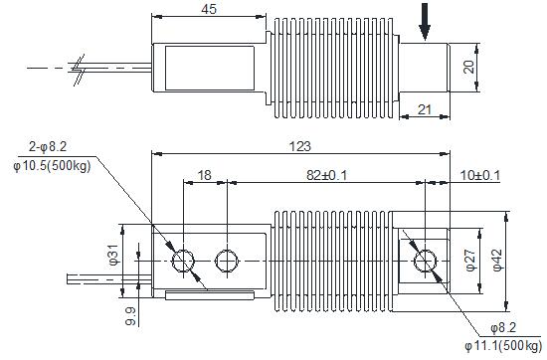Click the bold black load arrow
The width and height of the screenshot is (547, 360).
[x=425, y=22]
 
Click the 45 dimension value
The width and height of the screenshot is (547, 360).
[x=209, y=9]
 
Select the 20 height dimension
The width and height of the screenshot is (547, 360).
[x=469, y=67]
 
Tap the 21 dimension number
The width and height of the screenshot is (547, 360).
[x=425, y=109]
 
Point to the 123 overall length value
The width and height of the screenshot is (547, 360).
[x=300, y=146]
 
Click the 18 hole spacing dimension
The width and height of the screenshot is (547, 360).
[x=205, y=175]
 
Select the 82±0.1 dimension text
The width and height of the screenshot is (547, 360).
[x=327, y=175]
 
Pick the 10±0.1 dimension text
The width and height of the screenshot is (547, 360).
[x=480, y=175]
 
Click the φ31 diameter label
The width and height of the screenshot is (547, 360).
[x=113, y=255]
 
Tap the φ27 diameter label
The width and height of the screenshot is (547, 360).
[x=471, y=261]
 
